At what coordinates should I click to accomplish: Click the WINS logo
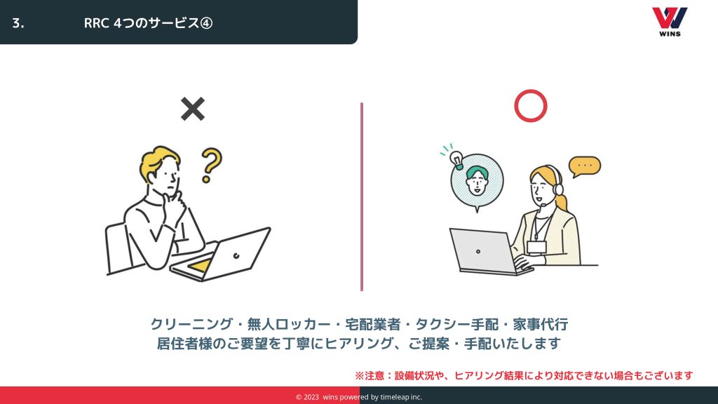click(x=670, y=22)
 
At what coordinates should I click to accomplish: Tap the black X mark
click(x=193, y=109)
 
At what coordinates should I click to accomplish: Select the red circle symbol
click(x=531, y=106)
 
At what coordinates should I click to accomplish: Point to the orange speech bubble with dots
click(x=584, y=166)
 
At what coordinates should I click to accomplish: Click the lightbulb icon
click(x=456, y=159)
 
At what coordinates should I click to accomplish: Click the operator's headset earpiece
click(x=557, y=189)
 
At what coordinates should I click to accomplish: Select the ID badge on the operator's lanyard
click(x=536, y=248)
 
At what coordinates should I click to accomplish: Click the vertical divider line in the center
click(x=362, y=197)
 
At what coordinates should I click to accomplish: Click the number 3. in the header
click(x=18, y=23)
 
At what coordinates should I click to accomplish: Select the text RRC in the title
click(x=96, y=23)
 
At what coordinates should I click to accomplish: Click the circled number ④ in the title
click(x=206, y=23)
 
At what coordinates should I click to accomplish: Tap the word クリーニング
click(x=191, y=324)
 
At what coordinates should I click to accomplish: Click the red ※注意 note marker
click(x=370, y=376)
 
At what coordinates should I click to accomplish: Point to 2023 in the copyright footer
click(x=311, y=397)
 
